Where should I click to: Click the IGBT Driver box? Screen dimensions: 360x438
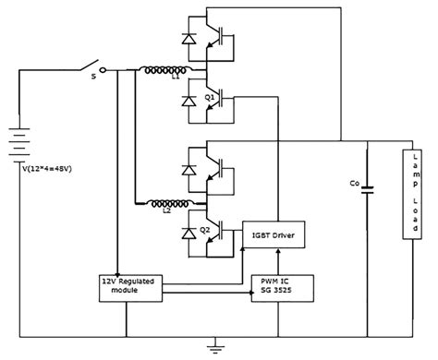tap(272, 236)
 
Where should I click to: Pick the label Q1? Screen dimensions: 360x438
tap(211, 96)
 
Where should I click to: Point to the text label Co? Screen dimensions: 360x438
tap(353, 184)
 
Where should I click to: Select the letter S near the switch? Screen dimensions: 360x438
tap(92, 78)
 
